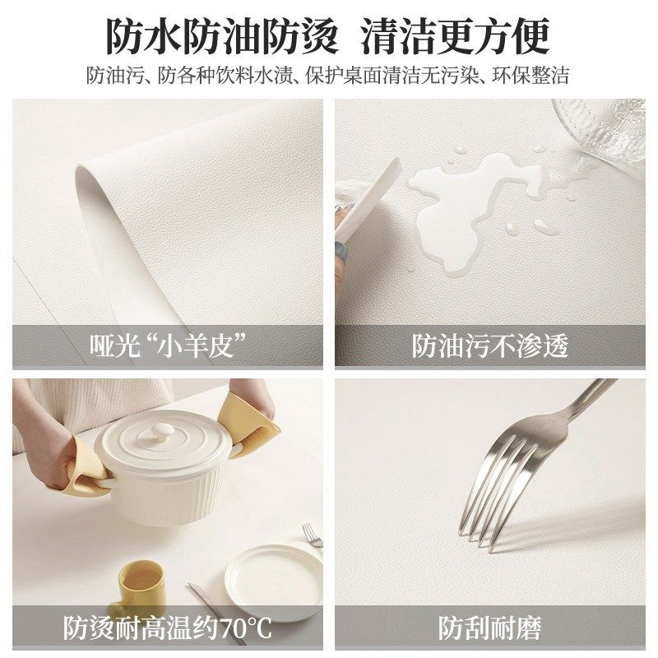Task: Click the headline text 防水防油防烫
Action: point(222,35)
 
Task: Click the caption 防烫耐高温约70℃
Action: point(169,628)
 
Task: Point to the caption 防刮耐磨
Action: point(490,628)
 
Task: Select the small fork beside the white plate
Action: point(312,535)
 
